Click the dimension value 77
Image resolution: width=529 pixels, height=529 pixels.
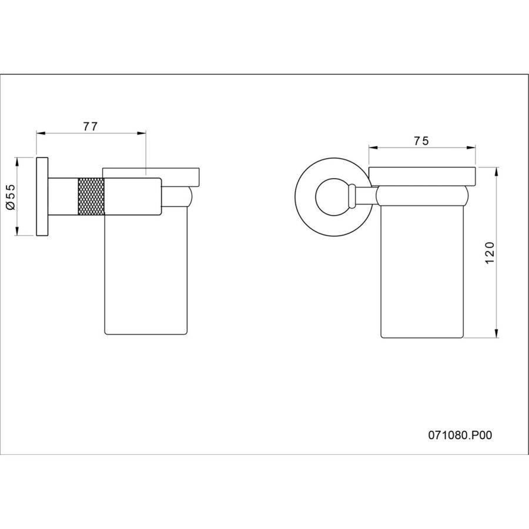click(x=90, y=126)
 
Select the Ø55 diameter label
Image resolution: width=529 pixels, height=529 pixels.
click(x=11, y=196)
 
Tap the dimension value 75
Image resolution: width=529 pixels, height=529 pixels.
click(x=421, y=140)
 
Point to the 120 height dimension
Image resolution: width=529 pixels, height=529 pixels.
click(x=489, y=253)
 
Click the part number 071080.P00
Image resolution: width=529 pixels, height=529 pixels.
click(x=460, y=435)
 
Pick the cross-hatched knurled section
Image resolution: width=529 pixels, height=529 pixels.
click(x=91, y=196)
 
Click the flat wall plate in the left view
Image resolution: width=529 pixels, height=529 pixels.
click(x=42, y=196)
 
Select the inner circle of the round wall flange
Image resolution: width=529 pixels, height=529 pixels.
click(x=332, y=197)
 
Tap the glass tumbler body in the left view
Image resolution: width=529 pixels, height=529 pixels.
click(x=146, y=274)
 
